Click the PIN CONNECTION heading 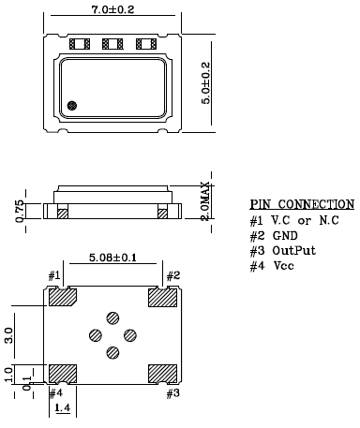pyautogui.click(x=302, y=204)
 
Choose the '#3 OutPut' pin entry pyautogui.click(x=283, y=252)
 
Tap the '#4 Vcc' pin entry pyautogui.click(x=272, y=267)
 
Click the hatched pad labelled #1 pyautogui.click(x=63, y=299)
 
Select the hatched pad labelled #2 pyautogui.click(x=162, y=299)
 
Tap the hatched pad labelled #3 pyautogui.click(x=162, y=372)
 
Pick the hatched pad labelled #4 pyautogui.click(x=63, y=372)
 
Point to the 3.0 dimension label pyautogui.click(x=9, y=334)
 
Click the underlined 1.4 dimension pyautogui.click(x=64, y=410)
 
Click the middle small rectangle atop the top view pyautogui.click(x=112, y=44)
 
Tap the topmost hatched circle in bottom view pyautogui.click(x=112, y=318)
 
